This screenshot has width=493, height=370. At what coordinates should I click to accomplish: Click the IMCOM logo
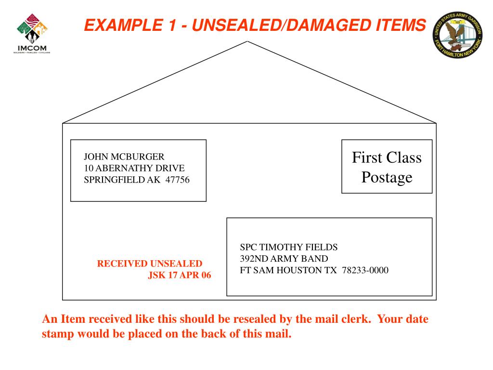(x=31, y=34)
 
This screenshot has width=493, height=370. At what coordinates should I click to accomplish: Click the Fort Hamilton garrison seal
(x=458, y=34)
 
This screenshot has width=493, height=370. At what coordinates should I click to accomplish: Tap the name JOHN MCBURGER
(x=124, y=157)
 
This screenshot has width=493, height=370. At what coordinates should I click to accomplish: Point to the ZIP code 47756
(x=178, y=180)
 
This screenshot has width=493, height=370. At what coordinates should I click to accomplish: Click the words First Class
(x=387, y=158)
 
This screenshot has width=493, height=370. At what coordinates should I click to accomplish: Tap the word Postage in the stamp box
(x=387, y=177)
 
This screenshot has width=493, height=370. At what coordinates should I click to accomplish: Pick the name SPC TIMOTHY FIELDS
(x=289, y=247)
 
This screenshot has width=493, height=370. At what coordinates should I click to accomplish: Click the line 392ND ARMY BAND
(x=284, y=259)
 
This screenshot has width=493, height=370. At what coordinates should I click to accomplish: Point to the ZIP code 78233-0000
(x=365, y=270)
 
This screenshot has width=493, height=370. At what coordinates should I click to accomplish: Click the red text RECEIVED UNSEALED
(x=150, y=264)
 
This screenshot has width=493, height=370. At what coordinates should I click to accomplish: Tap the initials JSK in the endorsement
(x=156, y=276)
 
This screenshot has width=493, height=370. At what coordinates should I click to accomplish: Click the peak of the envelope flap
(x=247, y=42)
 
